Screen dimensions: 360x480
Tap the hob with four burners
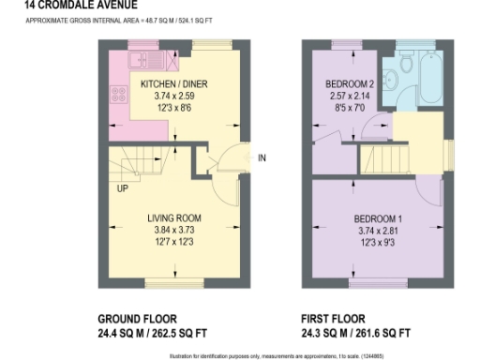tap(119, 95)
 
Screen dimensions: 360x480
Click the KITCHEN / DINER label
tap(174, 83)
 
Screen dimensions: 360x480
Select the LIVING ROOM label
tap(174, 217)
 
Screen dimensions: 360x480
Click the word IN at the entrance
tap(262, 157)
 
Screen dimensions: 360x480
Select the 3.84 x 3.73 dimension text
tap(174, 230)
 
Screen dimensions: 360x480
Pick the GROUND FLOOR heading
tap(138, 318)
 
